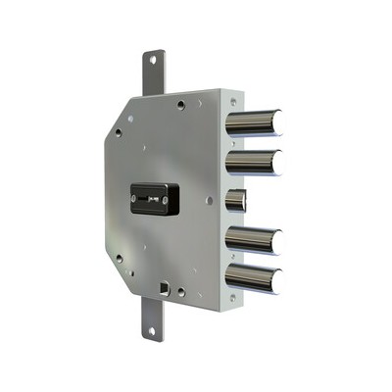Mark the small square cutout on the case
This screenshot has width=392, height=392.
162,289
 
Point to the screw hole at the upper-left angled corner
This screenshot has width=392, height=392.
118,131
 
